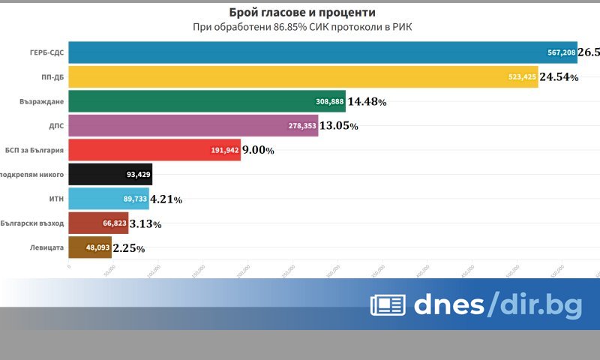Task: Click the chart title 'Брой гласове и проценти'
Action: coord(302,13)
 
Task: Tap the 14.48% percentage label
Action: coord(367,101)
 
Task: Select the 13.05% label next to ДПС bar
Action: coord(339,126)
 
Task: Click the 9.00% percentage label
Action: coord(258,150)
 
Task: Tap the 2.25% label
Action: coord(128,247)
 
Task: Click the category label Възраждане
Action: coord(42,101)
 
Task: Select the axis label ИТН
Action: coord(55,199)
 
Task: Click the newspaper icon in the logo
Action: coord(388,304)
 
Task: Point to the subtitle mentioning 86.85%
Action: coord(302,28)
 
